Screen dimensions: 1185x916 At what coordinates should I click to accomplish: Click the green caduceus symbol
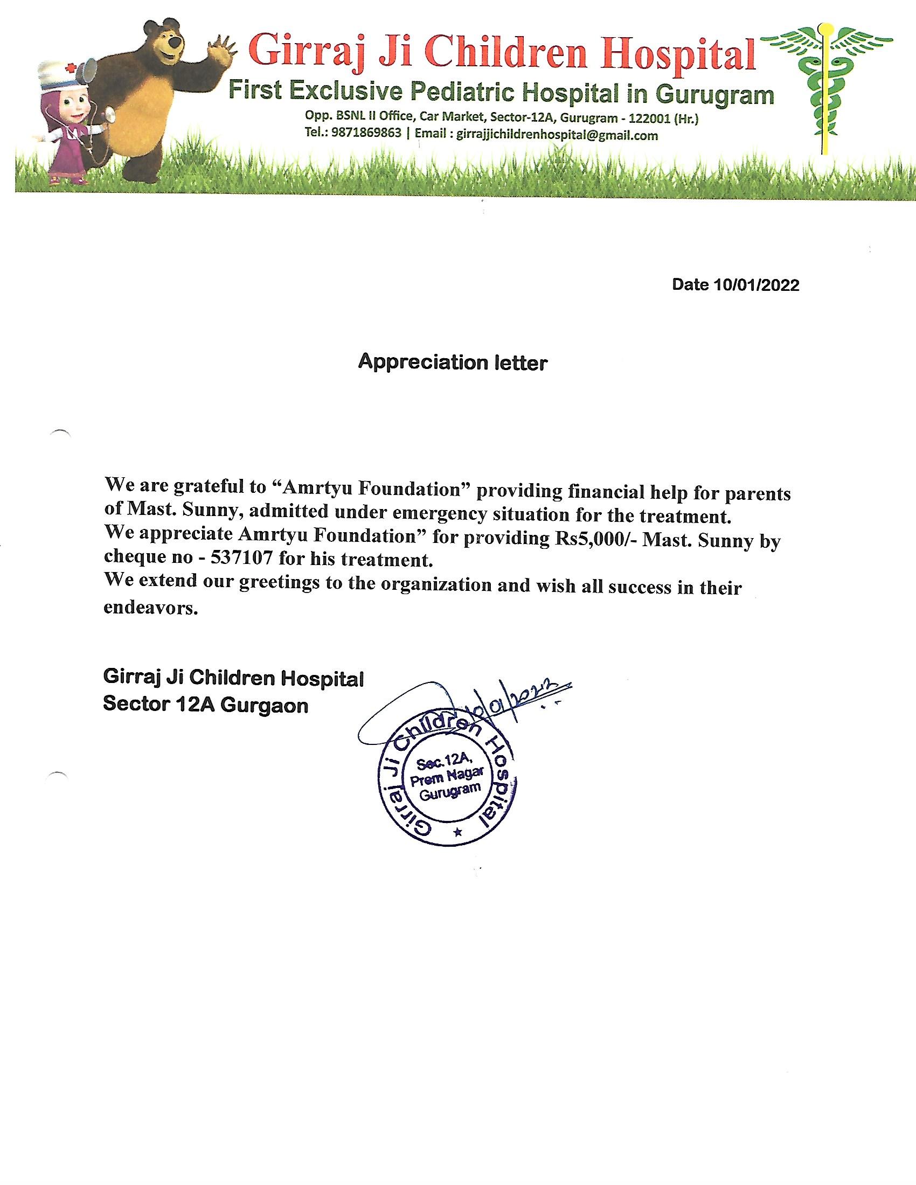pos(825,87)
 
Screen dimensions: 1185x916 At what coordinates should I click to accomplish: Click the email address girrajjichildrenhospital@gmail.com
pos(557,135)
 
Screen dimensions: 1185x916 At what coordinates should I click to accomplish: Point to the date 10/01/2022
pos(757,285)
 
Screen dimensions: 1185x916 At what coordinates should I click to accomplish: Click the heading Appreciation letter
pos(453,363)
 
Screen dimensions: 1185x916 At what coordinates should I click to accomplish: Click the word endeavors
pos(150,608)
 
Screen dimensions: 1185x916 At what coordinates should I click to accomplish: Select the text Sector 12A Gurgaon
pos(206,705)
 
